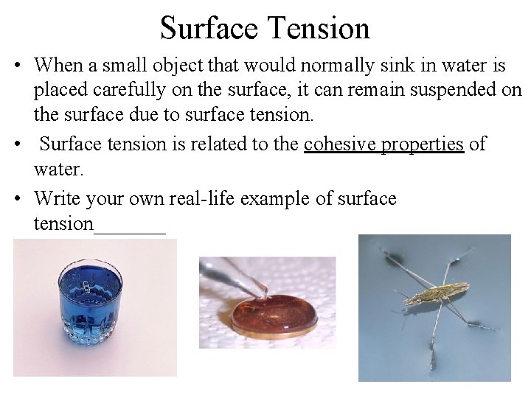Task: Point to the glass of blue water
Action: pos(90,302)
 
